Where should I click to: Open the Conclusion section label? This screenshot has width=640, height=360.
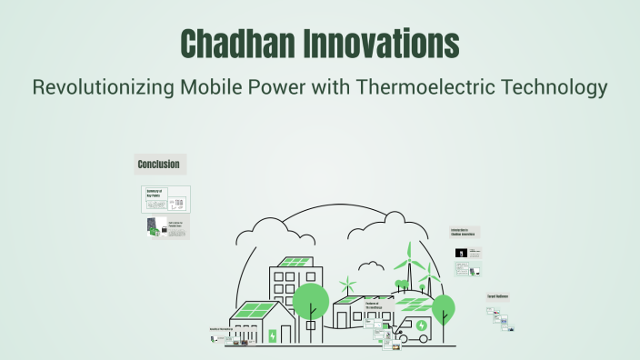click(158, 165)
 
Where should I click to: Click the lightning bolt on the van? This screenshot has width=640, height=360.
click(421, 325)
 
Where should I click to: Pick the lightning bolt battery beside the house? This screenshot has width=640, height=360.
click(272, 335)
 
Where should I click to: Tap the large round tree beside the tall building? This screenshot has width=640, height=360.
click(311, 301)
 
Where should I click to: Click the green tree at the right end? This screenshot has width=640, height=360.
click(443, 305)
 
